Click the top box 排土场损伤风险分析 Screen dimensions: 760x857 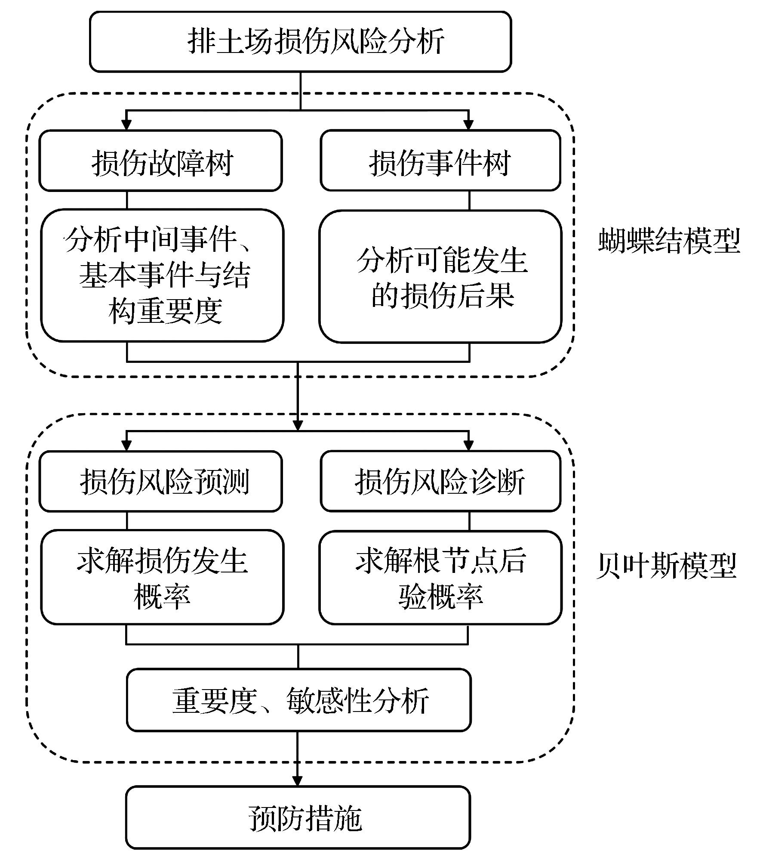point(300,41)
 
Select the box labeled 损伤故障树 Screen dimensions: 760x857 point(161,161)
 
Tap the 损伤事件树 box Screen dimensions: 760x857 point(440,161)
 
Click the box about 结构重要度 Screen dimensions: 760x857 point(162,276)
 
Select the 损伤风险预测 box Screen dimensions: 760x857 point(161,481)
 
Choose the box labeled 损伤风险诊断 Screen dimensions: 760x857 point(440,481)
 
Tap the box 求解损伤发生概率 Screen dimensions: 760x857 point(162,577)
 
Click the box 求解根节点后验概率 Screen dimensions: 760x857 point(440,577)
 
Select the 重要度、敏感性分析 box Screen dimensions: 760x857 point(299,700)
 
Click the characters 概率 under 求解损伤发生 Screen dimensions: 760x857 point(162,596)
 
